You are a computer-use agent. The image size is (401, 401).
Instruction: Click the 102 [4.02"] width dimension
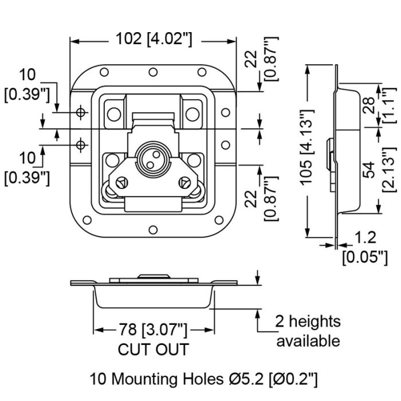pyautogui.click(x=154, y=39)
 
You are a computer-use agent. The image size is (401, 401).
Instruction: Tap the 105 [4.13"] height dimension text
pyautogui.click(x=306, y=147)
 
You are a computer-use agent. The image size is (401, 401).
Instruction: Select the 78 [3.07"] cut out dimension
pyautogui.click(x=153, y=329)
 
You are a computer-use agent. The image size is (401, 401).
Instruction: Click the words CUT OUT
pyautogui.click(x=153, y=349)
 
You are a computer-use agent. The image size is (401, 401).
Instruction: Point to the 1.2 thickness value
pyautogui.click(x=365, y=237)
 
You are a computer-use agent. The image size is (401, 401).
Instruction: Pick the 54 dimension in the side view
pyautogui.click(x=368, y=170)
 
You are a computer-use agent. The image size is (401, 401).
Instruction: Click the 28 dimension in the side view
pyautogui.click(x=368, y=105)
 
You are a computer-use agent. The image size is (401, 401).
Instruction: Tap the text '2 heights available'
pyautogui.click(x=308, y=331)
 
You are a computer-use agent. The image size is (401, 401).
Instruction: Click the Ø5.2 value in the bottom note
pyautogui.click(x=246, y=379)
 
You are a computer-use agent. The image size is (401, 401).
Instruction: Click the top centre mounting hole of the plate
pyautogui.click(x=153, y=72)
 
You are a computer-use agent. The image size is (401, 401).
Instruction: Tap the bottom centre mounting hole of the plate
pyautogui.click(x=153, y=230)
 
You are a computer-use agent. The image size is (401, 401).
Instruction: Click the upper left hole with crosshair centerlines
pyautogui.click(x=81, y=112)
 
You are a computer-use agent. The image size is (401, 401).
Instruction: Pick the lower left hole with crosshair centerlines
pyautogui.click(x=81, y=145)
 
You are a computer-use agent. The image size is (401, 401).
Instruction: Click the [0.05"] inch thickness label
pyautogui.click(x=365, y=257)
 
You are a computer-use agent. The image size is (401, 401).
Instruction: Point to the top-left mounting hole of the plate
pyautogui.click(x=104, y=72)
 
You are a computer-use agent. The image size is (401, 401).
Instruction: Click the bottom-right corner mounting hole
pyautogui.click(x=219, y=220)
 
